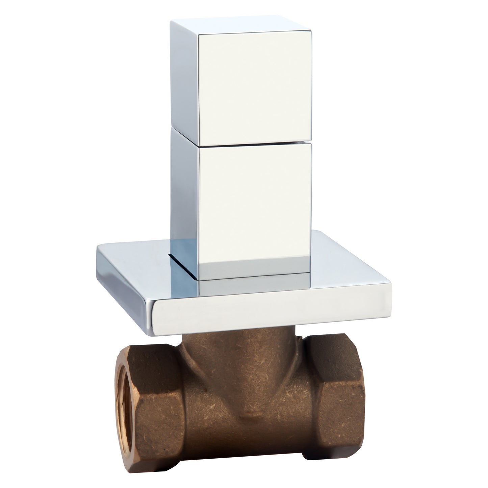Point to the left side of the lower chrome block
pos(184,192)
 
